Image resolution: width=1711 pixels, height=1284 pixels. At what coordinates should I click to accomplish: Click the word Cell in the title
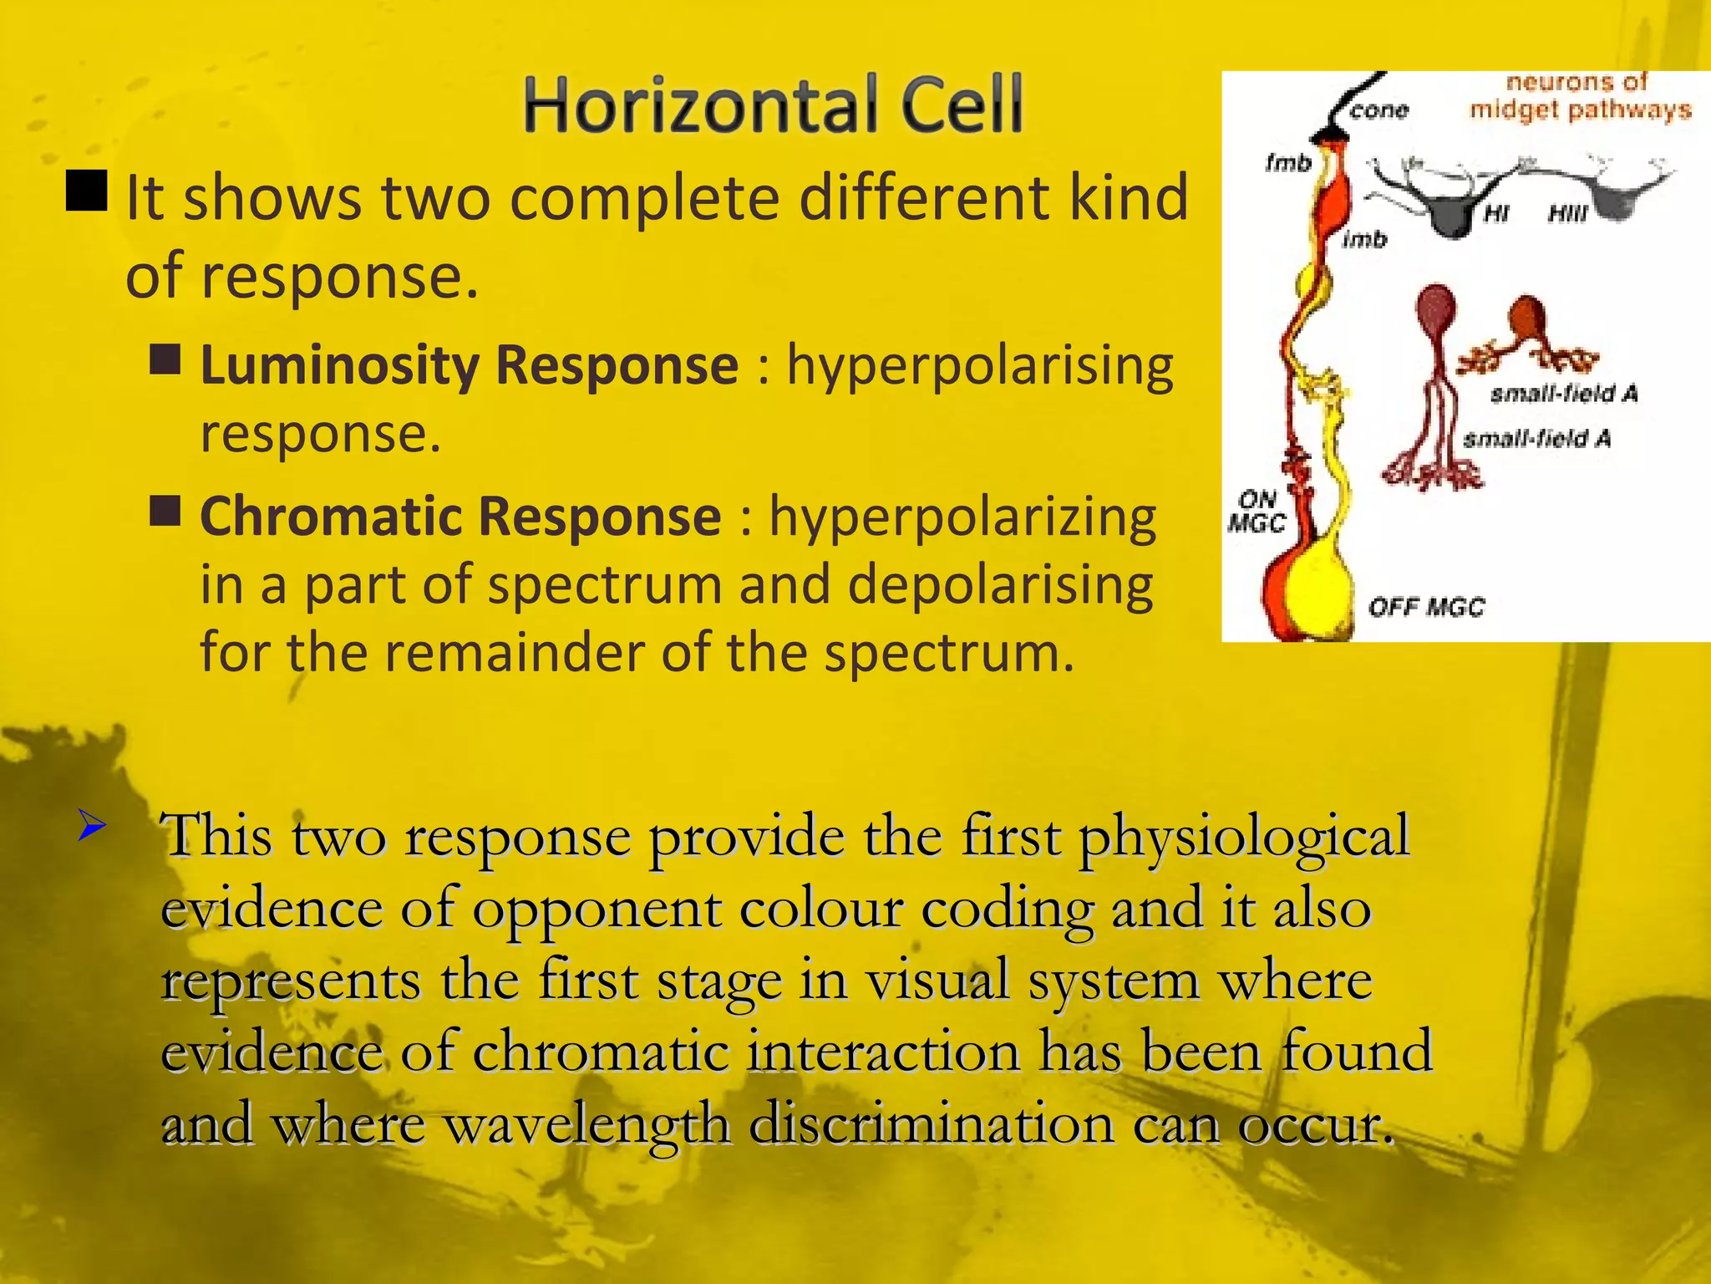pyautogui.click(x=960, y=105)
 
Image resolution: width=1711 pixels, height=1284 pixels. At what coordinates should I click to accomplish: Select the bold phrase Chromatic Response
pyautogui.click(x=460, y=517)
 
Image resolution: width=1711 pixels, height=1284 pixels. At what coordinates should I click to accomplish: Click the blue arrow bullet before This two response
pyautogui.click(x=91, y=827)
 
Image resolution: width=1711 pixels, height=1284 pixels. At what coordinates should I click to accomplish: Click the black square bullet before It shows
pyautogui.click(x=86, y=191)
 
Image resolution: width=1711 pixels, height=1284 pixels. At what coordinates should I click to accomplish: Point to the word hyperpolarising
pyautogui.click(x=980, y=366)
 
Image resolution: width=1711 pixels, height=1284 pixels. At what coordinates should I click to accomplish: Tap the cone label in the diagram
pyautogui.click(x=1379, y=110)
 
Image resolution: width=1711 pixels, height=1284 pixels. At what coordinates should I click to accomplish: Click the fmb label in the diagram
pyautogui.click(x=1287, y=163)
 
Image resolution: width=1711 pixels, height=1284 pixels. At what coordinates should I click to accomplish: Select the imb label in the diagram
pyautogui.click(x=1363, y=240)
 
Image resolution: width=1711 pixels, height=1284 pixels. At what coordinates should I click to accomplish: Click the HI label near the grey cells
pyautogui.click(x=1495, y=215)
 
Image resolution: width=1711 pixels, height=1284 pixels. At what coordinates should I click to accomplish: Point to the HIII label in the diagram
pyautogui.click(x=1566, y=215)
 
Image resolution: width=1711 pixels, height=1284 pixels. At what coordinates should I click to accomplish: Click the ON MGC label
pyautogui.click(x=1256, y=512)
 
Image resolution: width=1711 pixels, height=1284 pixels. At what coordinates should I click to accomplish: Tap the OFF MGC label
pyautogui.click(x=1426, y=607)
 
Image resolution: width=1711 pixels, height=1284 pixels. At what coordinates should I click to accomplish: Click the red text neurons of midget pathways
pyautogui.click(x=1579, y=96)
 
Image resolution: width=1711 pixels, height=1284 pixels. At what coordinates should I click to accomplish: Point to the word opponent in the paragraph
pyautogui.click(x=597, y=908)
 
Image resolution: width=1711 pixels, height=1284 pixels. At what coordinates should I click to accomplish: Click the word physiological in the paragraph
pyautogui.click(x=1244, y=835)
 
